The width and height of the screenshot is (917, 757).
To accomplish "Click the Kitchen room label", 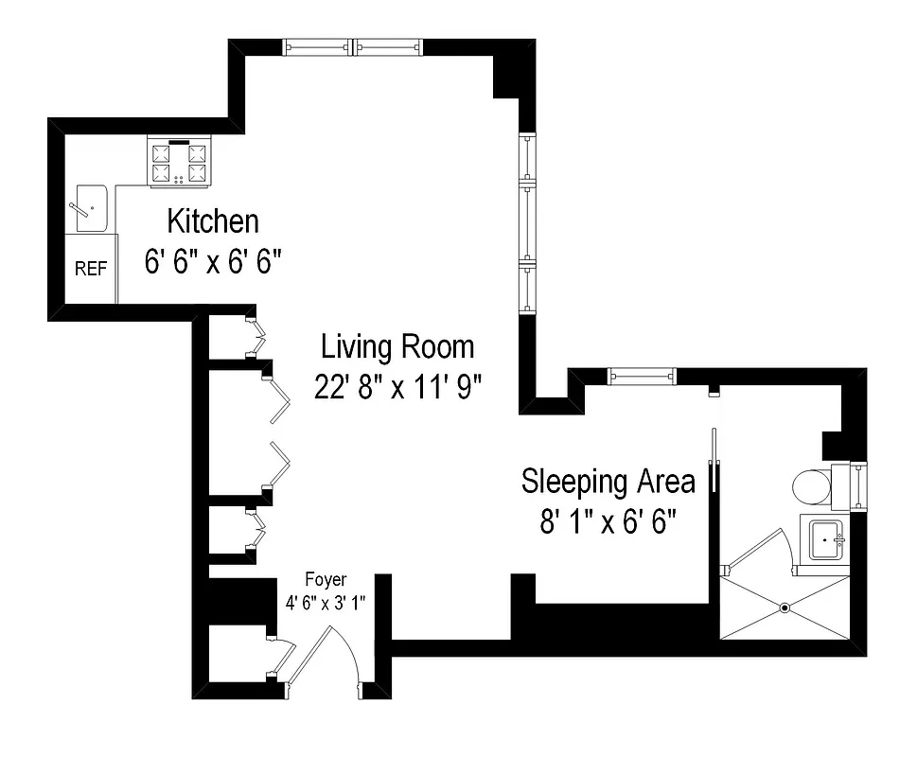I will pos(213,221).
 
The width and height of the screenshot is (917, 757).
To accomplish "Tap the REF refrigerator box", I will pos(91,269).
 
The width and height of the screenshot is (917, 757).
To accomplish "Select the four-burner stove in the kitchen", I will pos(179,162).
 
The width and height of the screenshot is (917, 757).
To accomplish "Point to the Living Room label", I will pos(397,346).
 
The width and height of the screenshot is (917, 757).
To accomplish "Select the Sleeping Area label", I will pos(608,481).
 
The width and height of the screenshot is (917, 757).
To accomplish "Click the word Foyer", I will pos(326,579).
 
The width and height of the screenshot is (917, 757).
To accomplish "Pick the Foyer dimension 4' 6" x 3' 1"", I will pos(326,601).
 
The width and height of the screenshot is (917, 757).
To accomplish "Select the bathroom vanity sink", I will pos(827,539).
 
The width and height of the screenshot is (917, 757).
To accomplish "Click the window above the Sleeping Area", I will pos(644,377).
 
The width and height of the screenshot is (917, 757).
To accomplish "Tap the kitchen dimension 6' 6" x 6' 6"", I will pos(214,262).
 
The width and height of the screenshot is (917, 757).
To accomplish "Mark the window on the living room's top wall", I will pos(352,45).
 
